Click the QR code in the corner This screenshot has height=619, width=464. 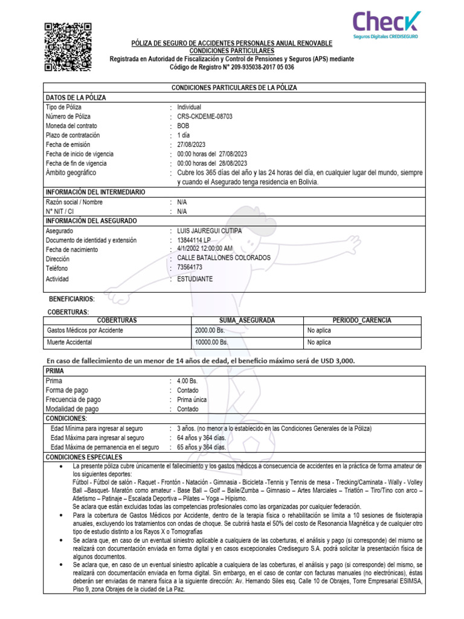point(68,47)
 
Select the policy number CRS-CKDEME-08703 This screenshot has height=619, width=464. point(204,117)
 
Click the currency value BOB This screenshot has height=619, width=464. point(183,126)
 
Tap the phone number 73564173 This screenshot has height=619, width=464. point(190,267)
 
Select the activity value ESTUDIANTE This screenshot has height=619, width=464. point(195,279)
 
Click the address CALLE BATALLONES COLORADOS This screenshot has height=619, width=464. point(224,258)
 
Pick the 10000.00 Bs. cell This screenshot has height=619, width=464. point(211,342)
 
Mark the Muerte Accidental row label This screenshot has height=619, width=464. point(69,342)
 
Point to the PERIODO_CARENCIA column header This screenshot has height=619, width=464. point(362,320)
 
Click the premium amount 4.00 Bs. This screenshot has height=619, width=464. point(187,381)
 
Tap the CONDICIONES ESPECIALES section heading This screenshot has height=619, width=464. point(84,458)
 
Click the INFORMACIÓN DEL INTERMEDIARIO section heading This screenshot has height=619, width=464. point(95,192)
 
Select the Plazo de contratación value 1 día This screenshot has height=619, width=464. point(184,135)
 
